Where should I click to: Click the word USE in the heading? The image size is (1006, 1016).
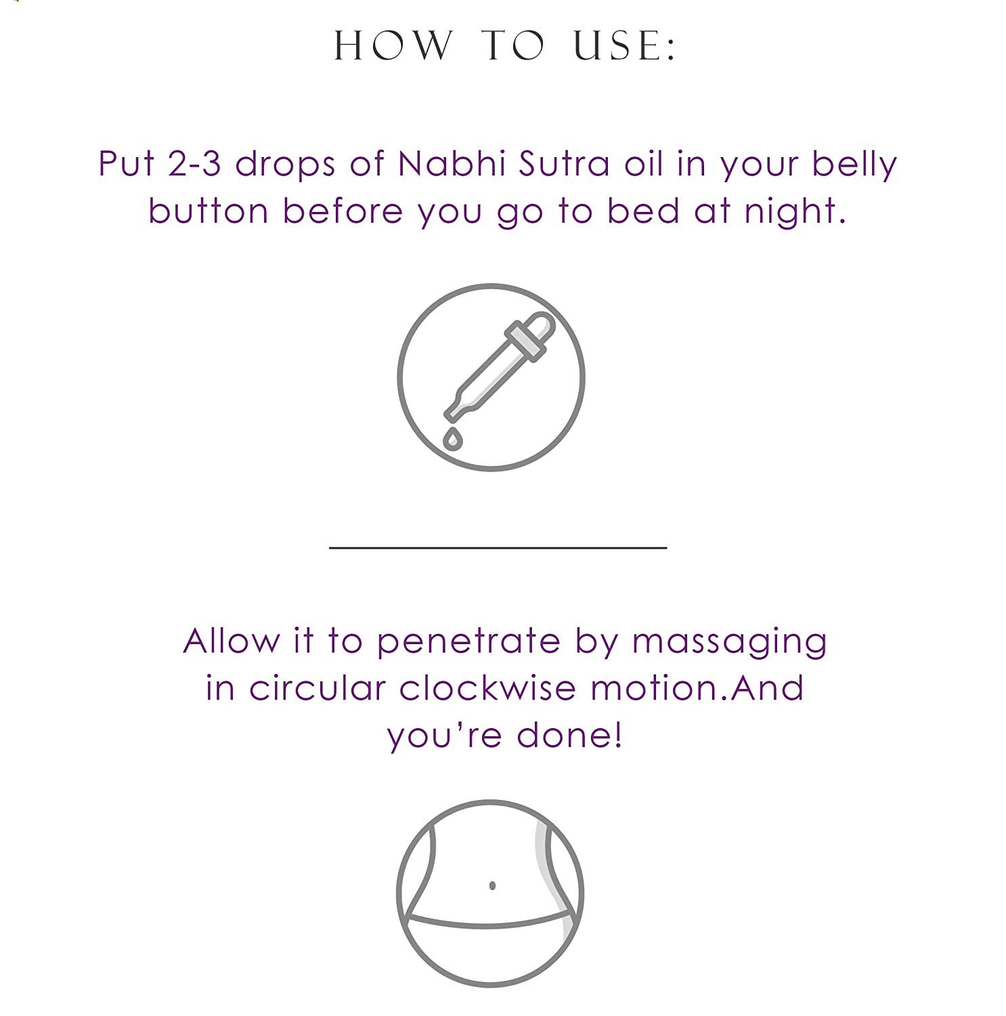pos(624,46)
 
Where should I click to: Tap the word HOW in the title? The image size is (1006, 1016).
pos(393,46)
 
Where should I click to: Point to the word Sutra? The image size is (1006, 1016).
pos(565,164)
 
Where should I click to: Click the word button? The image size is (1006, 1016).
pos(208,211)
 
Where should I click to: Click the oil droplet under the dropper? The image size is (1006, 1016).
pos(453,438)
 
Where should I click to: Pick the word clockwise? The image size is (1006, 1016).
pos(487,688)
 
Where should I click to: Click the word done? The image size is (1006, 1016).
pos(569,735)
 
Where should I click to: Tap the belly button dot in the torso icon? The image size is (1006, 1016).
pos(492,885)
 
